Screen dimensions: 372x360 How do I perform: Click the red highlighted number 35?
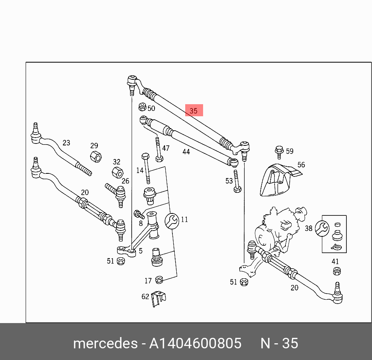pyautogui.click(x=194, y=111)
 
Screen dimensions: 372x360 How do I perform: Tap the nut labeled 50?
pyautogui.click(x=142, y=107)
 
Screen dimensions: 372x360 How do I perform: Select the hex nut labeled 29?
pyautogui.click(x=96, y=157)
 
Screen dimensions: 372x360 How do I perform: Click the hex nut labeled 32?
pyautogui.click(x=117, y=172)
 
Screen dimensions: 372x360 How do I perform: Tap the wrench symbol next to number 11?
pyautogui.click(x=172, y=221)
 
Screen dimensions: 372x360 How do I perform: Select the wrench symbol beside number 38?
pyautogui.click(x=322, y=228)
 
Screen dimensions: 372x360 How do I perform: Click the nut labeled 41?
pyautogui.click(x=337, y=271)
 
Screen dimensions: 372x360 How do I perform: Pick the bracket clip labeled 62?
pyautogui.click(x=158, y=299)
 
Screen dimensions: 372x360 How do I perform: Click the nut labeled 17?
pyautogui.click(x=159, y=280)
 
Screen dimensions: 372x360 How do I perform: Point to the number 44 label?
pyautogui.click(x=186, y=152)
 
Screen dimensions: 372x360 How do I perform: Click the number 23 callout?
pyautogui.click(x=66, y=143)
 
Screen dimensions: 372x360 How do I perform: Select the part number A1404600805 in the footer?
pyautogui.click(x=195, y=343)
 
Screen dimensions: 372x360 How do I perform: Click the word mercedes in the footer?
pyautogui.click(x=105, y=343)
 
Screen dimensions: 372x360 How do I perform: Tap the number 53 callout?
pyautogui.click(x=229, y=181)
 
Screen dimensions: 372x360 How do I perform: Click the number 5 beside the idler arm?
pyautogui.click(x=141, y=251)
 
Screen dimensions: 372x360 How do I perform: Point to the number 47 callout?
pyautogui.click(x=166, y=148)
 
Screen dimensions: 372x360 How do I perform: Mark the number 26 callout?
pyautogui.click(x=125, y=181)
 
